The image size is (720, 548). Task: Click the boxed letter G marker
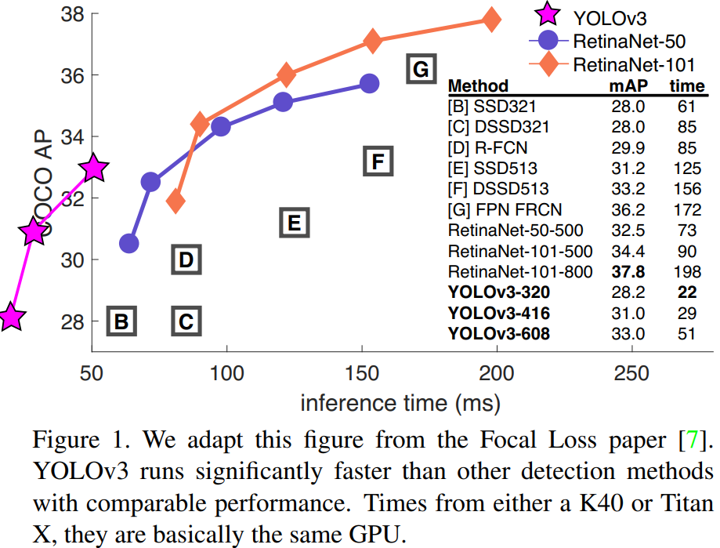(x=421, y=70)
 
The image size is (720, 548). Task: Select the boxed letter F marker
(x=378, y=161)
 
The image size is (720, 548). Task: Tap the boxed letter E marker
(x=295, y=223)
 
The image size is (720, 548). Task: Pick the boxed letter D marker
(x=186, y=259)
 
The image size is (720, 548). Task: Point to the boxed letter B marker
(x=121, y=321)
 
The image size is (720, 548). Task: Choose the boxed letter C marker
(x=186, y=321)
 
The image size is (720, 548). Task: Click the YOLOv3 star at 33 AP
(x=94, y=167)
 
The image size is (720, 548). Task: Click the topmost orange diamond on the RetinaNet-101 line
(x=491, y=20)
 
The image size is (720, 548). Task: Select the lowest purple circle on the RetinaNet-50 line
(x=129, y=244)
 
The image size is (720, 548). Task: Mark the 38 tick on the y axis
(x=71, y=13)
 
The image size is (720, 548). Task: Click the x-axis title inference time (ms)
(x=400, y=403)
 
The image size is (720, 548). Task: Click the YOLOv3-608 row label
(x=499, y=334)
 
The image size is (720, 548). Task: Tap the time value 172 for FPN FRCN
(x=687, y=210)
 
